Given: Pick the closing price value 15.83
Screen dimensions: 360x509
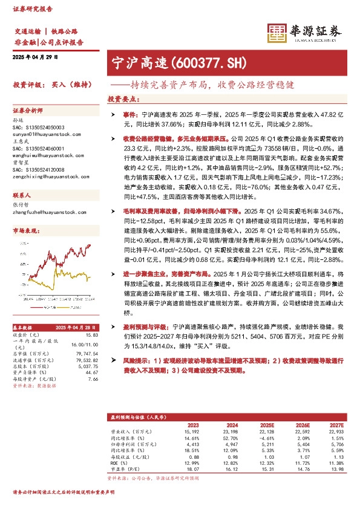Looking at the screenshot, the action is click(92, 334).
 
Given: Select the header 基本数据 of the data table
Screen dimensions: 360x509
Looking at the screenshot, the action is click(25, 327).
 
